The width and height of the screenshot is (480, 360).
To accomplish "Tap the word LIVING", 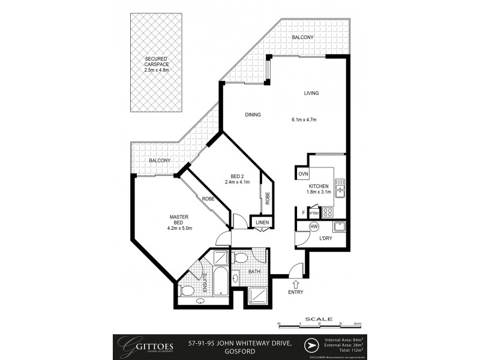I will (x=311, y=93).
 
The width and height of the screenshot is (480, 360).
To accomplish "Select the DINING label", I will (x=253, y=115).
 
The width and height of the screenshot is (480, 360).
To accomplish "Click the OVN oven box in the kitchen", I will (x=302, y=174).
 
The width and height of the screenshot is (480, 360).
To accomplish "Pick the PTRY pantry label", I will (x=314, y=212).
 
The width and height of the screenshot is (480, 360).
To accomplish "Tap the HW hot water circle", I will (x=313, y=227).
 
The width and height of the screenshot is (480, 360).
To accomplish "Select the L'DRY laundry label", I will (x=325, y=239).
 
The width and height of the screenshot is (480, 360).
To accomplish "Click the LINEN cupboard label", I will (x=262, y=223).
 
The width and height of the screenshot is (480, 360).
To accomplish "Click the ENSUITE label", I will (x=205, y=281).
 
